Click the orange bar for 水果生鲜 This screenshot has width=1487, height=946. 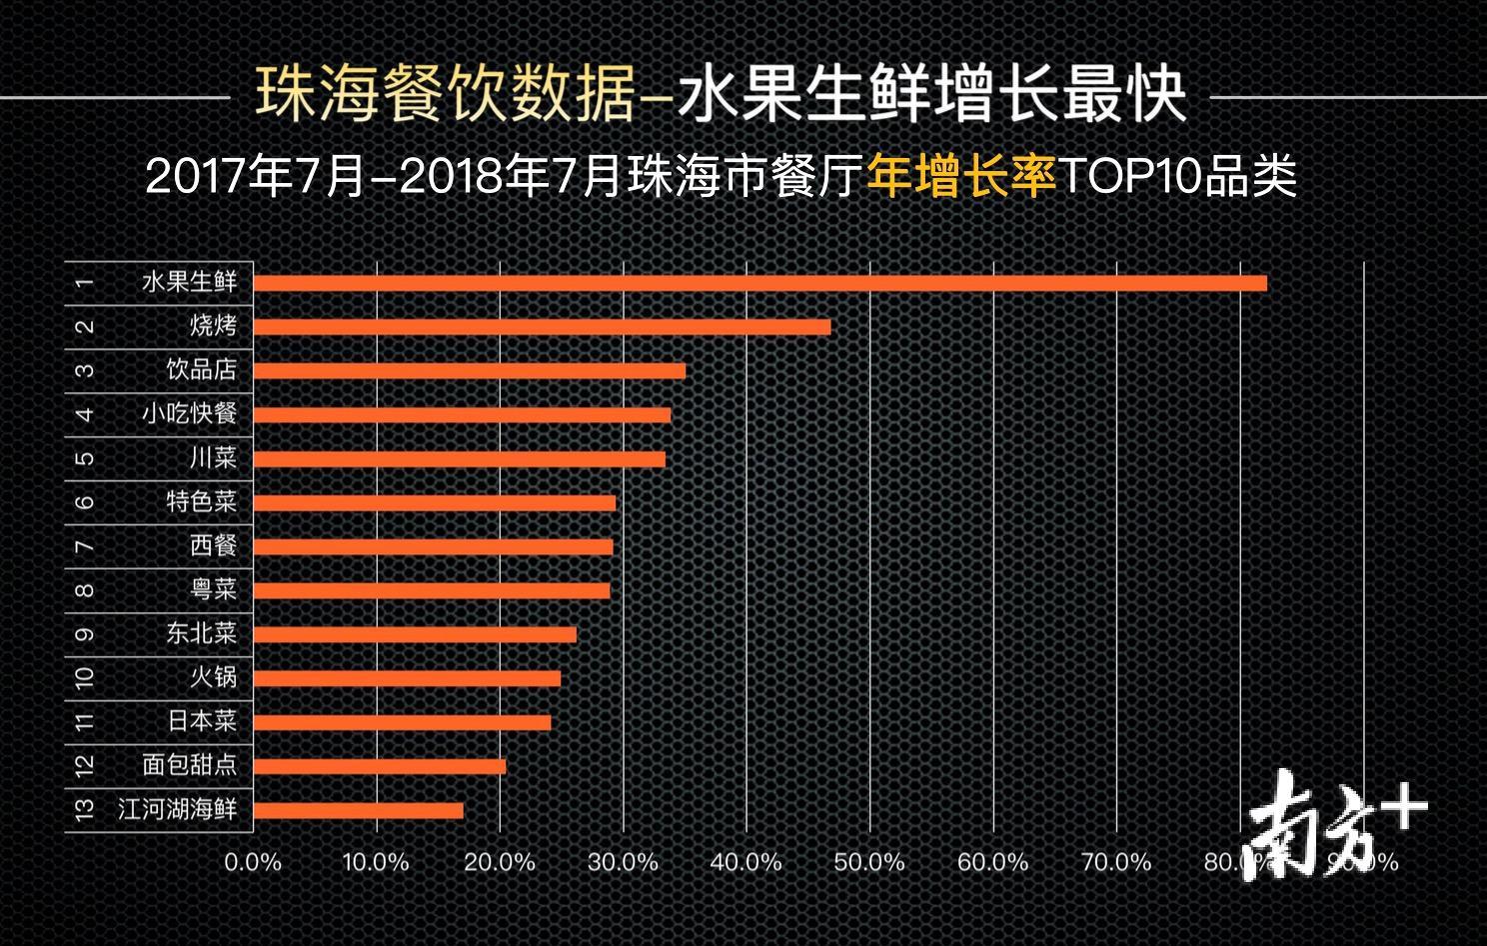[759, 283]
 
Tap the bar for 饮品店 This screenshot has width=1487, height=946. [470, 371]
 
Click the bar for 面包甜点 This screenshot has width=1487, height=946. [380, 767]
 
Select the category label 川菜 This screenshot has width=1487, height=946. [214, 458]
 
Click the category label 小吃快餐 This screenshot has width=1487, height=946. [190, 414]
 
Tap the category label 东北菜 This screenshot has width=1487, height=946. [202, 634]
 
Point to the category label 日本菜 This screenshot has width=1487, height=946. [202, 721]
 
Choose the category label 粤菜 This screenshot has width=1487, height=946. [214, 590]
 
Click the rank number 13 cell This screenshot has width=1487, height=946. [85, 809]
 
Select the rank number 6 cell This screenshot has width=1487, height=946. [85, 501]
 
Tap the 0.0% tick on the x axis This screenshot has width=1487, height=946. [253, 862]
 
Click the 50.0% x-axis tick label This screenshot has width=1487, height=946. [869, 862]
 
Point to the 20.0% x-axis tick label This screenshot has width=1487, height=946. [500, 862]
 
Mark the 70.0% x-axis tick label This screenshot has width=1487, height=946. [1116, 862]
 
